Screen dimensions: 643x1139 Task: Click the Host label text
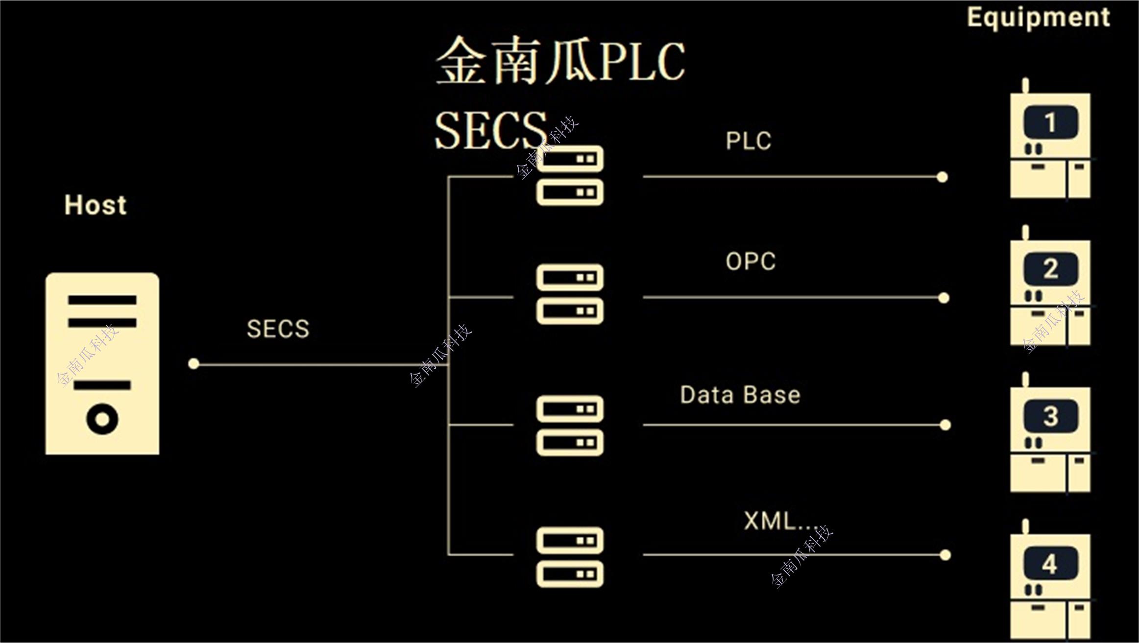96,205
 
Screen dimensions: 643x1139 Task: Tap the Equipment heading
1038,18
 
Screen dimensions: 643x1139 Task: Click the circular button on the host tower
102,419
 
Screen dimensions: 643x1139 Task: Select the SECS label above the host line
278,329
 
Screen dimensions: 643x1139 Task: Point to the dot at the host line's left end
194,364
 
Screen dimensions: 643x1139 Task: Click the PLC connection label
748,141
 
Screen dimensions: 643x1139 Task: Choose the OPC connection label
751,262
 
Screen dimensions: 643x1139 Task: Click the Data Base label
740,395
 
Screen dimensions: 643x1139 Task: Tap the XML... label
780,521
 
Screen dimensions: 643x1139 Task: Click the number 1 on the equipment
1050,122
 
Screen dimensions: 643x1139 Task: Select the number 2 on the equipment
1050,269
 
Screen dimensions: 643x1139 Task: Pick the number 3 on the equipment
1050,416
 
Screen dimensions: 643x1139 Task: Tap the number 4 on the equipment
1050,564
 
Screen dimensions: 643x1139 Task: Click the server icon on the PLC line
570,175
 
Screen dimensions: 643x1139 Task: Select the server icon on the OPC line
570,294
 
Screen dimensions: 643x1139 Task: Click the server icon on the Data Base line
570,426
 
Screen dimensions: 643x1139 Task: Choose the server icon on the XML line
570,557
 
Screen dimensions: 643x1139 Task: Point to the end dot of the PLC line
942,177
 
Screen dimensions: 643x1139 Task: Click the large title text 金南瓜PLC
560,61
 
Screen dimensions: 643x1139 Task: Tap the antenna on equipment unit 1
1025,86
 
